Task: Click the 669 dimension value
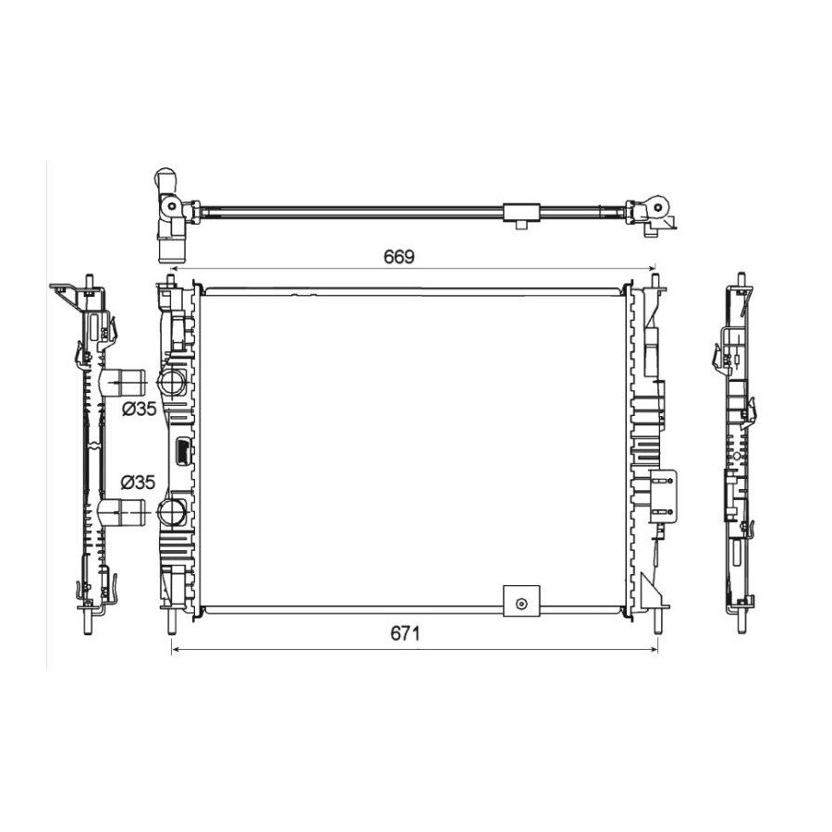399,257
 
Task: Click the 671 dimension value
405,633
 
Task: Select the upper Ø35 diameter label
139,409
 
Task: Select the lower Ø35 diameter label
138,483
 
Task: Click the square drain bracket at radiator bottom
521,601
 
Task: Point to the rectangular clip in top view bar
521,213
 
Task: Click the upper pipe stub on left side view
122,382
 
